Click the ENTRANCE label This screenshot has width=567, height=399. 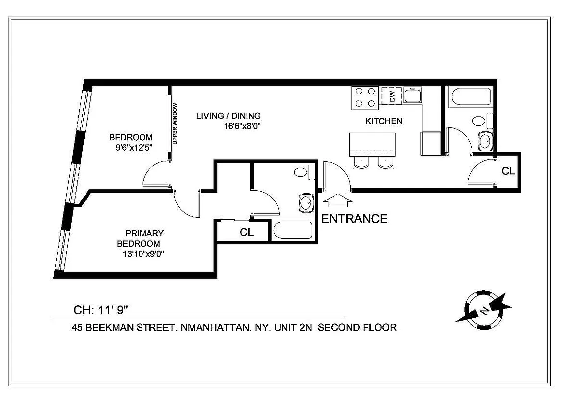[354, 219]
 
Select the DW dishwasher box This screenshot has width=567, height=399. [391, 96]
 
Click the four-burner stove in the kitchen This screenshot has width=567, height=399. [365, 97]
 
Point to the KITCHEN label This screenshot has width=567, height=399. [384, 121]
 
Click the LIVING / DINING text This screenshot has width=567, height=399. [228, 116]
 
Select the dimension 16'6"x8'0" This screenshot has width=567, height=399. [243, 126]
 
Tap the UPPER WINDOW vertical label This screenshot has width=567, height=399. [175, 124]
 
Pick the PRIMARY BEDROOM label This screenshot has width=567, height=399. [142, 238]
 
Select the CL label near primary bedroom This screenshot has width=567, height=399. [247, 232]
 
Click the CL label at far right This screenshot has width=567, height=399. [508, 171]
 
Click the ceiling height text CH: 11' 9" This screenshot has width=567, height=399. [101, 310]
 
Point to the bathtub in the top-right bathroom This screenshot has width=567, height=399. [470, 97]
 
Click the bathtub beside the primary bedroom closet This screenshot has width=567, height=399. [293, 231]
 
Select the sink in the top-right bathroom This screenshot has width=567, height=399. [485, 141]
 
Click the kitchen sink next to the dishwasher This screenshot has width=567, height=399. [413, 95]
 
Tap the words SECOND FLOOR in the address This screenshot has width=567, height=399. [357, 328]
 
